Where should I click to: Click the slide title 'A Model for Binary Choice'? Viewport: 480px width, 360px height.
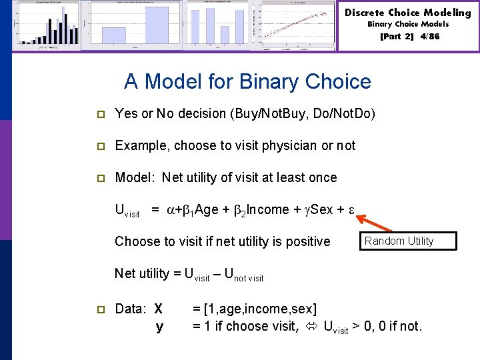247,82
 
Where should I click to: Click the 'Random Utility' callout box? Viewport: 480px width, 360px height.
408,241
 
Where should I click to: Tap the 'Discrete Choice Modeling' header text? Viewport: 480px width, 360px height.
407,13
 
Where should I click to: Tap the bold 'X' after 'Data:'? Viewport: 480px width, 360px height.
158,309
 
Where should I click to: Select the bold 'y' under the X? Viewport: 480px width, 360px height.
159,326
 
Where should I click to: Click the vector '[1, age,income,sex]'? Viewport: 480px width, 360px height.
254,309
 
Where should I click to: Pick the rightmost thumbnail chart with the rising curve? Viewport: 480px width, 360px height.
298,25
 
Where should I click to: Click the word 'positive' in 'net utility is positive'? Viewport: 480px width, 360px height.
307,241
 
